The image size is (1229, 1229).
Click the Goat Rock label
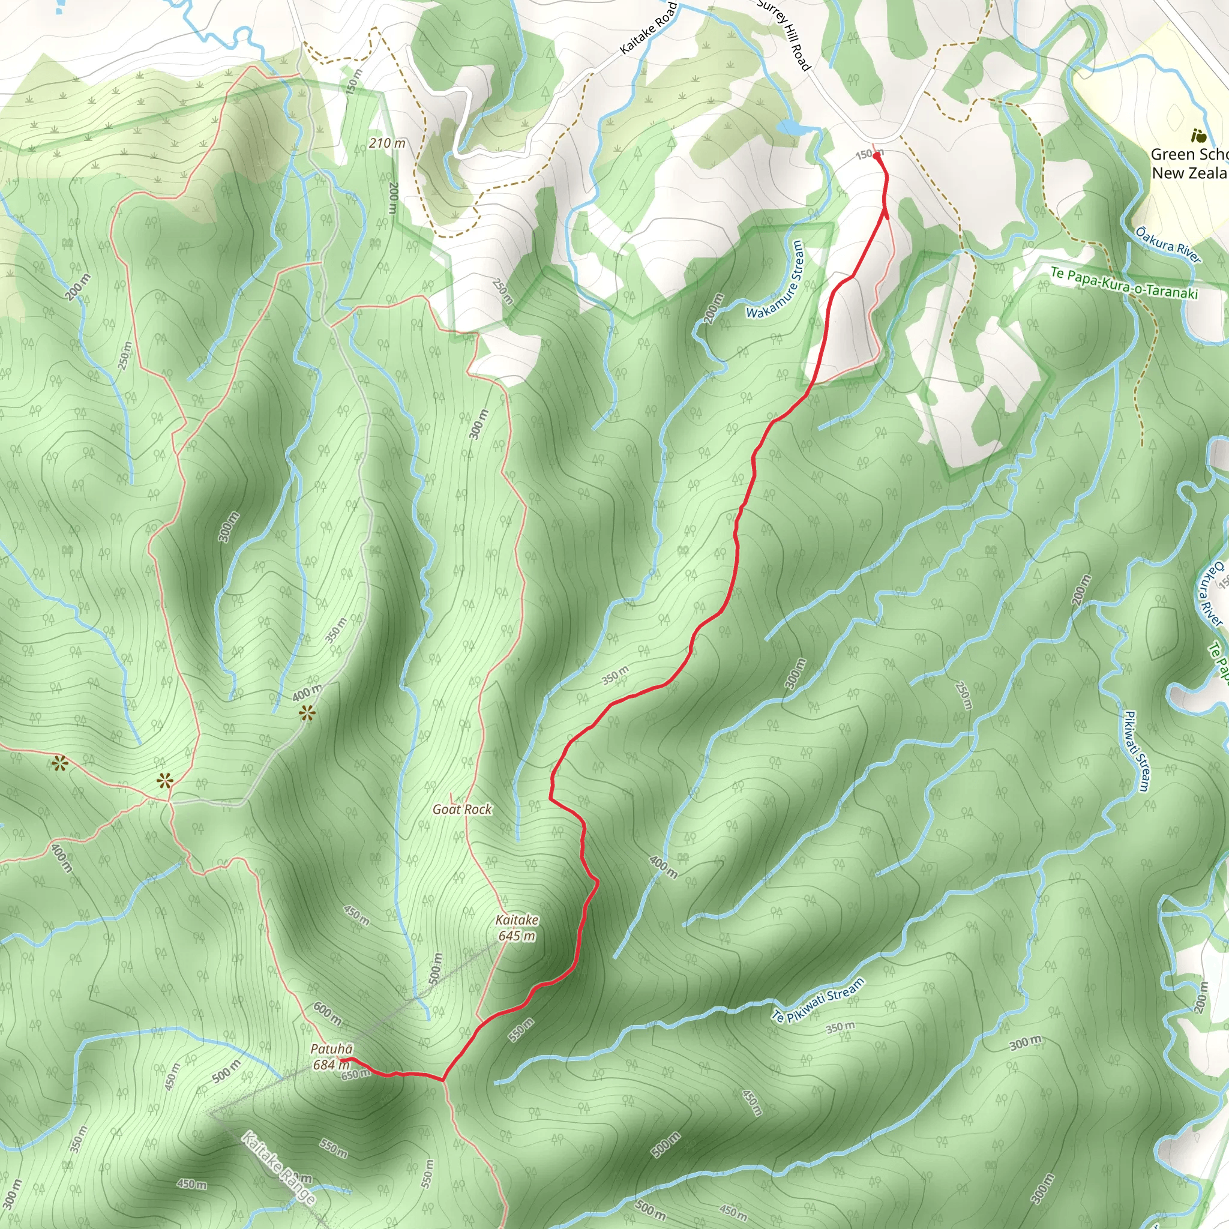point(462,809)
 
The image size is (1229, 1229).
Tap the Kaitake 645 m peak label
point(517,928)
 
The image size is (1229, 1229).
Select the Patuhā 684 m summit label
point(331,1057)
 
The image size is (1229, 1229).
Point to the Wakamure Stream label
point(775,279)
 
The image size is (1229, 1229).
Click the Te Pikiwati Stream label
point(819,999)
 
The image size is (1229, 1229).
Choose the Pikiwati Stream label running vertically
point(1135,751)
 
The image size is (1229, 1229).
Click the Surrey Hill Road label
point(786,34)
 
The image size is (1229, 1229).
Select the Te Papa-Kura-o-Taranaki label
point(1124,284)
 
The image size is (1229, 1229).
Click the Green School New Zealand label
point(1189,163)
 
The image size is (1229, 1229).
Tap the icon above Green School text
point(1198,136)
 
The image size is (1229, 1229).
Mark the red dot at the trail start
point(877,156)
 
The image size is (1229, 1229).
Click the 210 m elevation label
point(387,143)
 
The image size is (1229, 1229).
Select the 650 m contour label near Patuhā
point(355,1075)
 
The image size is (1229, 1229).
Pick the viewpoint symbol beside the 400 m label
point(307,713)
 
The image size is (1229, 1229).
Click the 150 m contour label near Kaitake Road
point(353,83)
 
